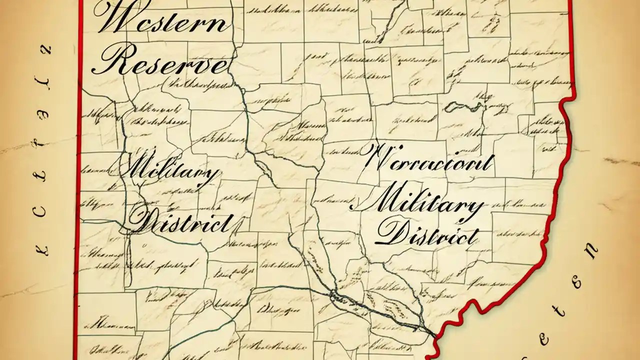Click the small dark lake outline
click(462, 106)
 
